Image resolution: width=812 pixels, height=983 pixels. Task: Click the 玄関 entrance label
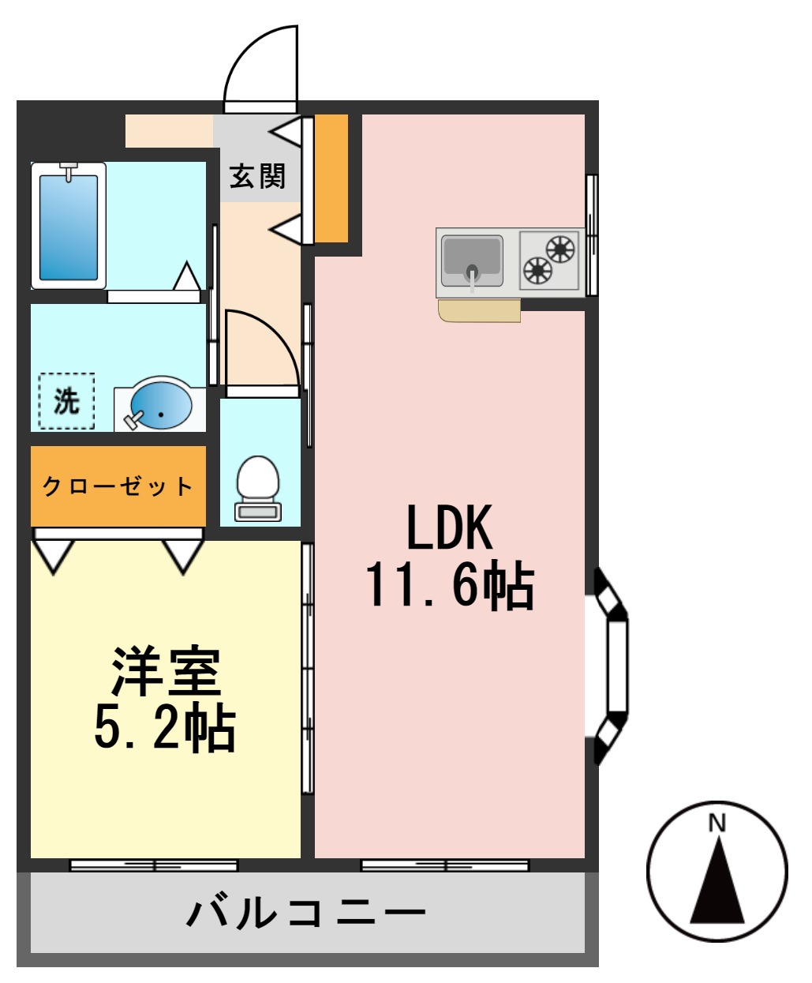tap(257, 176)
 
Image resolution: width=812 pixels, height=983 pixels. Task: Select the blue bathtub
tap(69, 226)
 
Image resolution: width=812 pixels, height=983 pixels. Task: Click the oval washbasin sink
tap(161, 406)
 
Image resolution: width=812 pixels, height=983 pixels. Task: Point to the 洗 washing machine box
tap(66, 401)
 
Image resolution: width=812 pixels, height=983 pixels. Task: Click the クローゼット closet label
tap(118, 486)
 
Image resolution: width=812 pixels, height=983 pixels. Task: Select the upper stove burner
tap(560, 249)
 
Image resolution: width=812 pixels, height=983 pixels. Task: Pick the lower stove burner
tap(537, 271)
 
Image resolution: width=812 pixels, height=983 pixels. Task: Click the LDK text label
tap(449, 527)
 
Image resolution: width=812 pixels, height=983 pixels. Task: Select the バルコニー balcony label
tap(306, 914)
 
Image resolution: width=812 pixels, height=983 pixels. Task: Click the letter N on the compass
tap(717, 824)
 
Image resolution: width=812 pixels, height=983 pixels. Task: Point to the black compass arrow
tap(717, 884)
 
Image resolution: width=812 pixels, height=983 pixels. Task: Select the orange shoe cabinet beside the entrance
tap(331, 178)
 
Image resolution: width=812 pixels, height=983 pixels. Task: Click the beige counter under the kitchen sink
tap(479, 311)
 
